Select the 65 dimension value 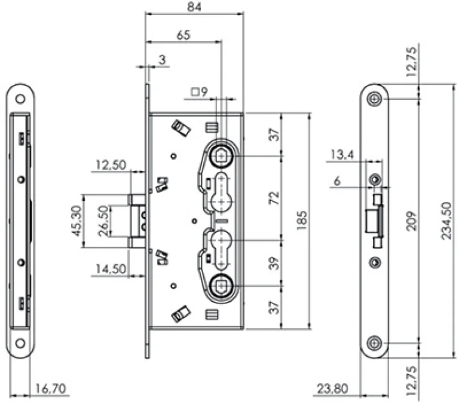tap(183, 35)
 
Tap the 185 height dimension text tap(301, 220)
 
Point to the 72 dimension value tap(274, 199)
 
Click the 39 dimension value tap(274, 262)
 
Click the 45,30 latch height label tap(76, 219)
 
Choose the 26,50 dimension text tap(105, 219)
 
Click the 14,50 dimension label tap(110, 270)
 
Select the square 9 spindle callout tap(199, 92)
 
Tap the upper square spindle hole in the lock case tap(223, 155)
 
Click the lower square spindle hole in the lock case tap(223, 286)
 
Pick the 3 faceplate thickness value tap(161, 59)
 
